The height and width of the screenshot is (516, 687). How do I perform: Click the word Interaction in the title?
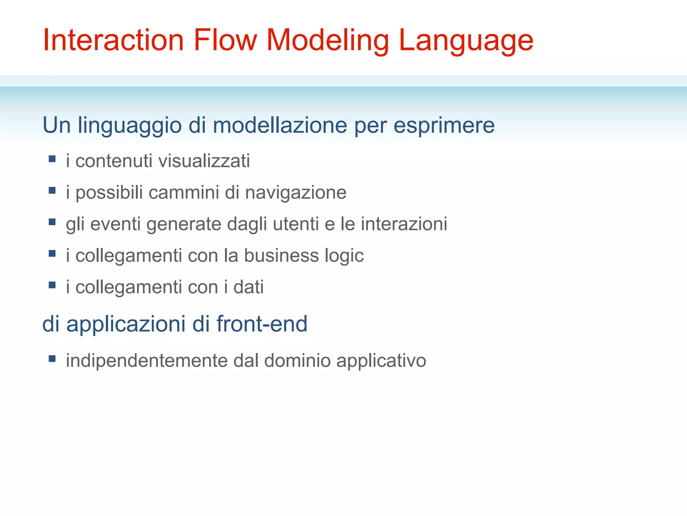(x=113, y=40)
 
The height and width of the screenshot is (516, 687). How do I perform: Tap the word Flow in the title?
(x=225, y=40)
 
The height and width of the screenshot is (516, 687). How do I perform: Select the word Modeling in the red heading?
(x=327, y=40)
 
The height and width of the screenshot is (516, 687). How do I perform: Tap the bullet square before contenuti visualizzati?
(x=52, y=159)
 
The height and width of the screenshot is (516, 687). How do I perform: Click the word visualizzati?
(x=204, y=161)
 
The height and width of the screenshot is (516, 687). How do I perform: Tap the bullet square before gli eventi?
(x=52, y=222)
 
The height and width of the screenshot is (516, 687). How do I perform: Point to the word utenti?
(x=296, y=224)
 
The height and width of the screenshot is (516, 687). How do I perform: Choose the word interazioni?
(x=404, y=224)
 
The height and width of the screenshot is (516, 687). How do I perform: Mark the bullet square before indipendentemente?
(x=52, y=358)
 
